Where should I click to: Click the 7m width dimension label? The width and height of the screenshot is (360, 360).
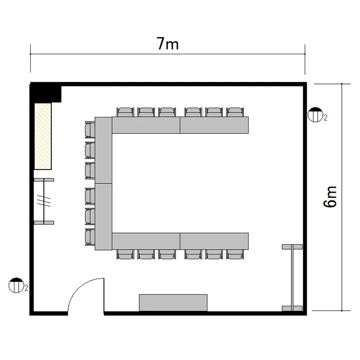point(168,44)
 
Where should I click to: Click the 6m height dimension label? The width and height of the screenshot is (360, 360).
point(330,196)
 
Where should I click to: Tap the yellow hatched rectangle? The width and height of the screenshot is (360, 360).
point(43,136)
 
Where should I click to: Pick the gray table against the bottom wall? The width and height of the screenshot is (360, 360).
point(173,303)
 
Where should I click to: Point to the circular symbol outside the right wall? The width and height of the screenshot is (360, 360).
point(315,115)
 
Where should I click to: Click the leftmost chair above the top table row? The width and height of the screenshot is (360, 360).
point(125,112)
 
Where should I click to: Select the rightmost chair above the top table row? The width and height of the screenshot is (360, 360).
point(235,112)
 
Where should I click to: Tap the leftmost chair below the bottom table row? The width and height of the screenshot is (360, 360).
point(125,254)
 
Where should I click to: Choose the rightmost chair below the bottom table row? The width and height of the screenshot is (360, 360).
point(235,254)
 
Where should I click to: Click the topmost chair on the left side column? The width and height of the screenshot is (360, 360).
point(90,130)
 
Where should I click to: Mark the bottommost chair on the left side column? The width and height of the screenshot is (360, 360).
point(90,237)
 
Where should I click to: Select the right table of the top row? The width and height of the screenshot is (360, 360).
point(214,125)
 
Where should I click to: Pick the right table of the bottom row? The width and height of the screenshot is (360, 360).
point(214,241)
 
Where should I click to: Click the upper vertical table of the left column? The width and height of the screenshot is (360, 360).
point(103,150)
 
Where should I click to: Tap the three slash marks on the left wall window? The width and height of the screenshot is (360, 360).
point(44,201)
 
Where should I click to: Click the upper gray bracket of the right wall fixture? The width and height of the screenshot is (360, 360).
point(292,247)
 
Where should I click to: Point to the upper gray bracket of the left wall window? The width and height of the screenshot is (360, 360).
point(44,180)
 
